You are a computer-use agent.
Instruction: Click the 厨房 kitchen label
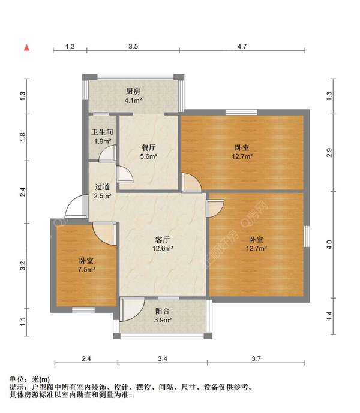(x=133, y=91)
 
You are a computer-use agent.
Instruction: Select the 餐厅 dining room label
(x=149, y=147)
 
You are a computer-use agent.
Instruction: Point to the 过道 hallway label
(x=102, y=186)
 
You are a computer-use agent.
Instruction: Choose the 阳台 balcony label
(x=163, y=311)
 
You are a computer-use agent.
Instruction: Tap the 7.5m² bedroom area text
(x=87, y=270)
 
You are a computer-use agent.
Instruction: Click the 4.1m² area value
(x=133, y=100)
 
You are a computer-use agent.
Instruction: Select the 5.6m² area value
(x=149, y=157)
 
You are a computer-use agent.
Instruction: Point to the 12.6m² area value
(x=163, y=248)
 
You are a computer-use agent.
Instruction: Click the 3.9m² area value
(x=163, y=320)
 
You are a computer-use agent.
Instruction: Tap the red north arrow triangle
(x=26, y=47)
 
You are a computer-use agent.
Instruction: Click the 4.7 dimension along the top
(x=242, y=46)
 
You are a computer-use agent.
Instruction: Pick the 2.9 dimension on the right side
(x=329, y=152)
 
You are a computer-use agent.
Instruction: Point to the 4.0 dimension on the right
(x=329, y=245)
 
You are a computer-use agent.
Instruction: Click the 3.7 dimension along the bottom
(x=257, y=359)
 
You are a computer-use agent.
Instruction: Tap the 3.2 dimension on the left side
(x=22, y=264)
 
